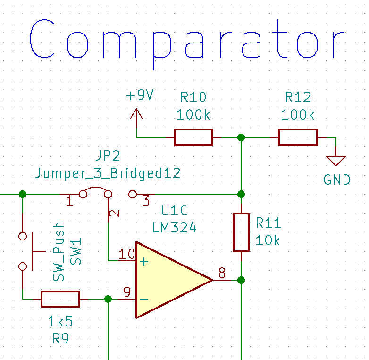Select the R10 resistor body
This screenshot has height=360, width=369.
click(x=193, y=137)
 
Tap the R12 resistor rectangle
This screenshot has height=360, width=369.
click(x=298, y=137)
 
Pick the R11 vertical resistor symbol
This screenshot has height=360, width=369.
click(x=241, y=232)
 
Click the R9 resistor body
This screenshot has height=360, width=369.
click(x=60, y=299)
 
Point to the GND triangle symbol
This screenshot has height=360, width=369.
click(x=336, y=161)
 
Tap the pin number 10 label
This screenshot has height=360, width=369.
click(x=126, y=255)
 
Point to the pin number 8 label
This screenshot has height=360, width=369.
click(x=222, y=273)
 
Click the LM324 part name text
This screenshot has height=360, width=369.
click(x=174, y=228)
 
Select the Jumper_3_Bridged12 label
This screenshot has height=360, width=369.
click(x=108, y=173)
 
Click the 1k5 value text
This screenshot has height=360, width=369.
click(x=60, y=322)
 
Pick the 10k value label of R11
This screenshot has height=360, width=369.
click(x=268, y=240)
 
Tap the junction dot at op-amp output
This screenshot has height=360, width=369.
click(x=241, y=280)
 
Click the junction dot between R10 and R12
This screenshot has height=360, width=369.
click(x=241, y=137)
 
